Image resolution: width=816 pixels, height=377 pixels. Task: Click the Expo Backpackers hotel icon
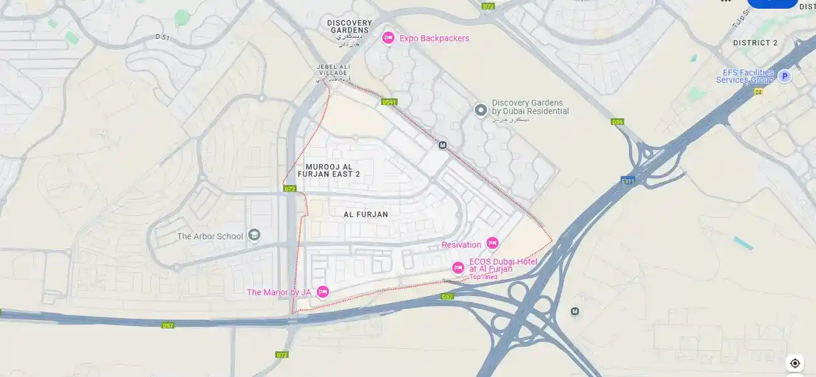pos(388,38)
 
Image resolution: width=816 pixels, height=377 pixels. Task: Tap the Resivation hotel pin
pos(492,244)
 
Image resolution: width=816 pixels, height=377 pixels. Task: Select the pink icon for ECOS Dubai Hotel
pos(458,268)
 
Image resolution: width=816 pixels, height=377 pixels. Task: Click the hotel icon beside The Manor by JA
pos(323,292)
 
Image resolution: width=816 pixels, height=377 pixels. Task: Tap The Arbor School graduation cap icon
pos(254,236)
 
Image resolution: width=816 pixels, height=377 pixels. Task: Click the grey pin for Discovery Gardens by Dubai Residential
pos(481,111)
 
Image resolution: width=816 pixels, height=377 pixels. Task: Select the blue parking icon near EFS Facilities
pos(784,76)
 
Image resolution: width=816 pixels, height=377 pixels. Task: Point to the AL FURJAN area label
pos(366,214)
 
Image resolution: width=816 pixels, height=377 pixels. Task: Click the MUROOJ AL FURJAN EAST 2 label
pos(333,170)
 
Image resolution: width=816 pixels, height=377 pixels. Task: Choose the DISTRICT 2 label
pos(755,43)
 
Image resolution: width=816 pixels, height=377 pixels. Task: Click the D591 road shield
pos(389,102)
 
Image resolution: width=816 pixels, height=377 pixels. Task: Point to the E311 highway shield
pos(628,181)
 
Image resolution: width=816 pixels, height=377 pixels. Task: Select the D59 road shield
pos(617,122)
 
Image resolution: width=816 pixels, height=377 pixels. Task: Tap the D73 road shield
pos(488,6)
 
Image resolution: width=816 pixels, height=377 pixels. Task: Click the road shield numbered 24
pos(758,92)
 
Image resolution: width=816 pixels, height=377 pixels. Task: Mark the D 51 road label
pos(163,37)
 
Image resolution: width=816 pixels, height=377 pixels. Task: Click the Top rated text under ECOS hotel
pos(483,277)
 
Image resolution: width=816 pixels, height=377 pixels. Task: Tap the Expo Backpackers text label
pos(434,38)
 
